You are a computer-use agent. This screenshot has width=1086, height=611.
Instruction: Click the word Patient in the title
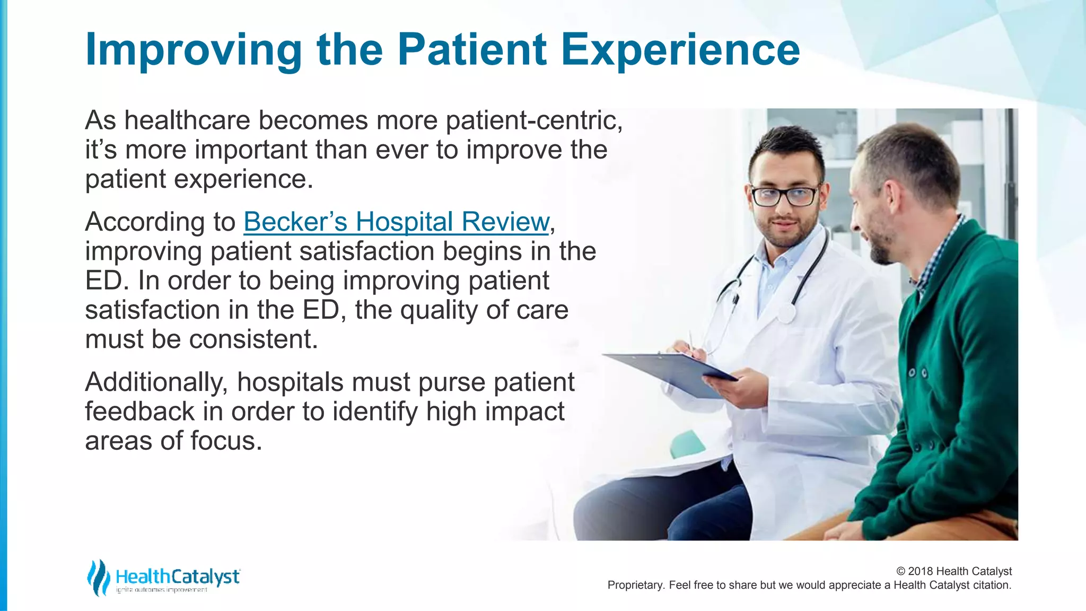tap(472, 49)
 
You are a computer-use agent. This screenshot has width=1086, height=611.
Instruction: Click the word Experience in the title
tap(680, 49)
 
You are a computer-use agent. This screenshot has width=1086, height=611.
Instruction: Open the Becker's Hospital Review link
tap(396, 222)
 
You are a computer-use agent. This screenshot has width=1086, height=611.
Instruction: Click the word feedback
tap(139, 412)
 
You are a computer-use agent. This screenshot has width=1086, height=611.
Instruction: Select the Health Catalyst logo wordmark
tap(178, 577)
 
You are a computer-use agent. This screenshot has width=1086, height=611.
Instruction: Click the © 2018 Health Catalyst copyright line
tap(953, 571)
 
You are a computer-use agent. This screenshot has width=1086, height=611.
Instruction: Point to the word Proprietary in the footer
tap(635, 585)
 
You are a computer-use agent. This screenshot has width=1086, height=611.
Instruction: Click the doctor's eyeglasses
tap(785, 196)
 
